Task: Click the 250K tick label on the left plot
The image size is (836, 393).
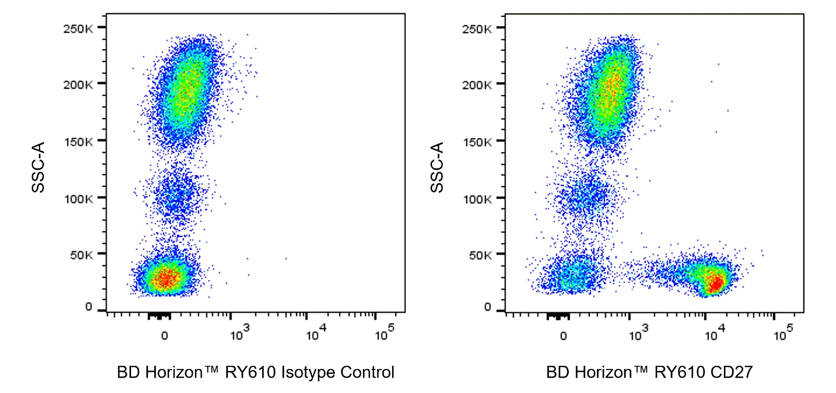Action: [x=78, y=29]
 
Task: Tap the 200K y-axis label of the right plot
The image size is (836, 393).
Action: [x=477, y=85]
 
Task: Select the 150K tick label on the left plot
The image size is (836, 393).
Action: [x=78, y=142]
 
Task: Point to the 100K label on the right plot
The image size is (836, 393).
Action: [x=477, y=199]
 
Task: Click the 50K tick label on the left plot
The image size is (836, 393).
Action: [x=81, y=255]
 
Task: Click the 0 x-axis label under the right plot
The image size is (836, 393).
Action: [x=563, y=336]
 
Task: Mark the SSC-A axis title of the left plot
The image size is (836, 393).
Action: [x=38, y=167]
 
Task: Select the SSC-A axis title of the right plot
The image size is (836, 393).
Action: [x=437, y=167]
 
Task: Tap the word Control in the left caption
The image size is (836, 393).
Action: [x=367, y=373]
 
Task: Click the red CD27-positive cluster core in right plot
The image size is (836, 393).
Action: [x=715, y=282]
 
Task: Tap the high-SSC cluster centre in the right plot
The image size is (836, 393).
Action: [x=610, y=92]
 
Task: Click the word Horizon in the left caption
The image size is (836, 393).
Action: [x=174, y=373]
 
